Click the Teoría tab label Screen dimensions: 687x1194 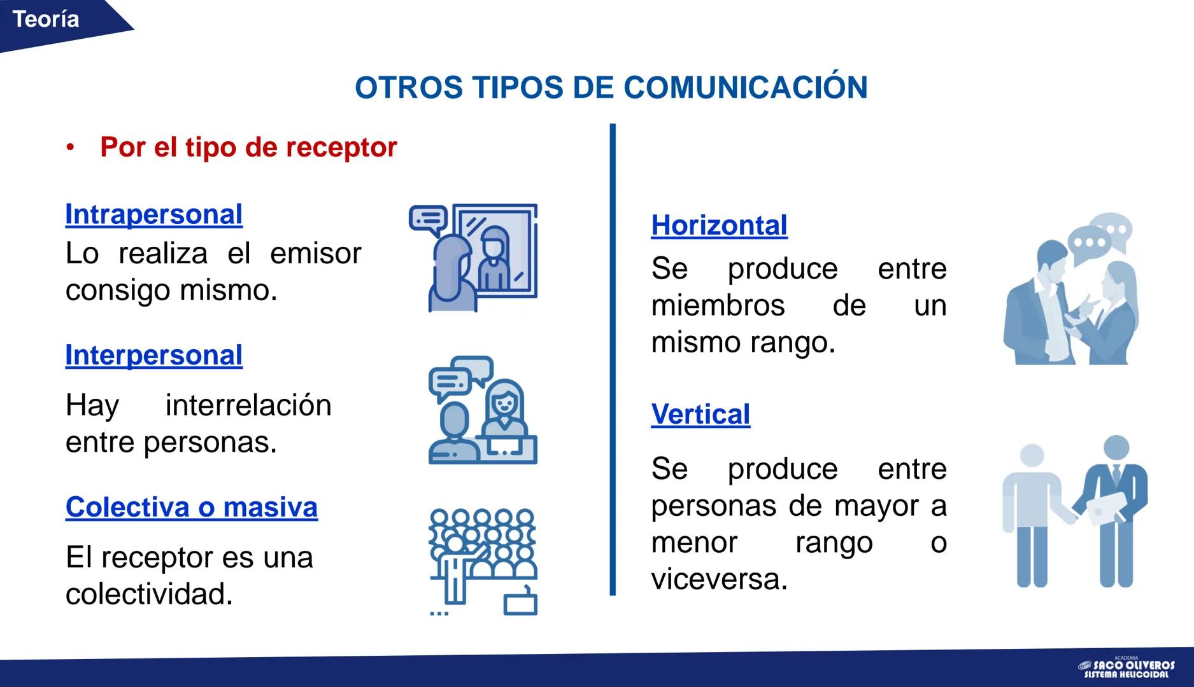point(46,20)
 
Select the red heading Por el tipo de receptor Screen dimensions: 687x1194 point(248,148)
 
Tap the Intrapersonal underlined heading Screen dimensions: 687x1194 point(153,215)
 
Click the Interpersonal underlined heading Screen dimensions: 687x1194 point(153,356)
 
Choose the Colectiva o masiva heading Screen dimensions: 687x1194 point(191,508)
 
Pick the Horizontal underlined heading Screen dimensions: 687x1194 point(719,226)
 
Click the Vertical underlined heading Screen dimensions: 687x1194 point(700,415)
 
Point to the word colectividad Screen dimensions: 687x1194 point(148,595)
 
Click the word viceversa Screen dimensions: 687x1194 point(719,579)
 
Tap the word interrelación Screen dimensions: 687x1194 point(248,406)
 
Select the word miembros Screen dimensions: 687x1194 point(718,306)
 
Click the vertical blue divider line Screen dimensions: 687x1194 point(613,359)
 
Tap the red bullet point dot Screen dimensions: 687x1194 point(70,148)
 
